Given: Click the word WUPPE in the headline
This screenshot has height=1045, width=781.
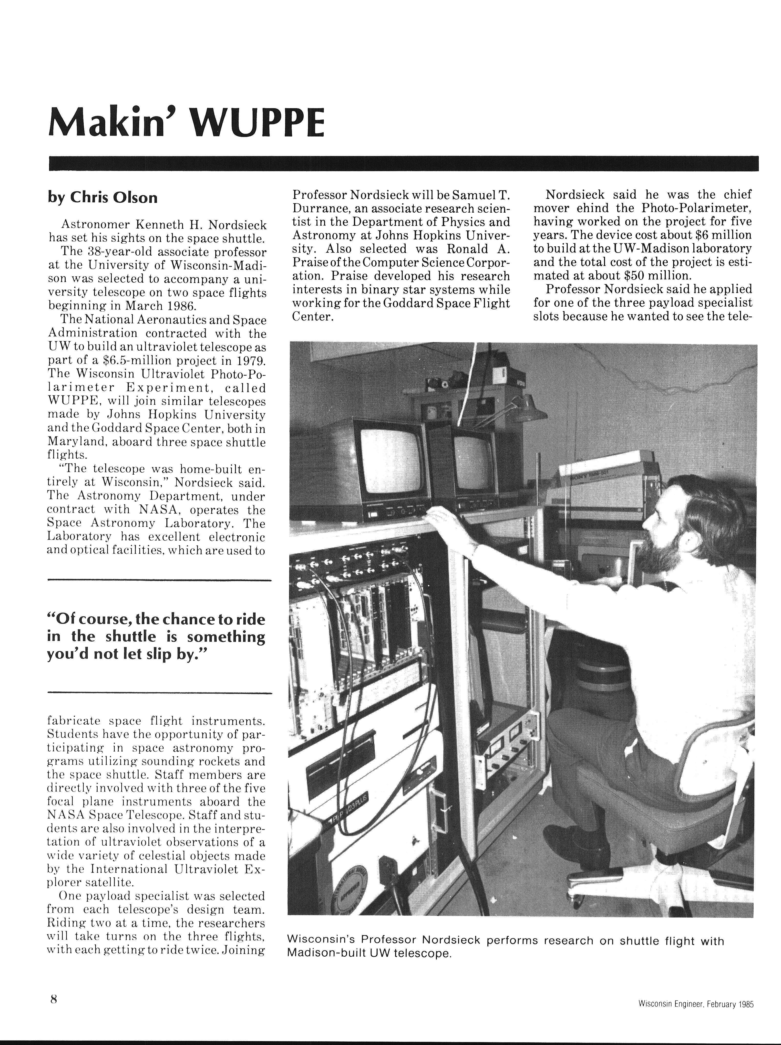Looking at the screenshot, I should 259,122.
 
